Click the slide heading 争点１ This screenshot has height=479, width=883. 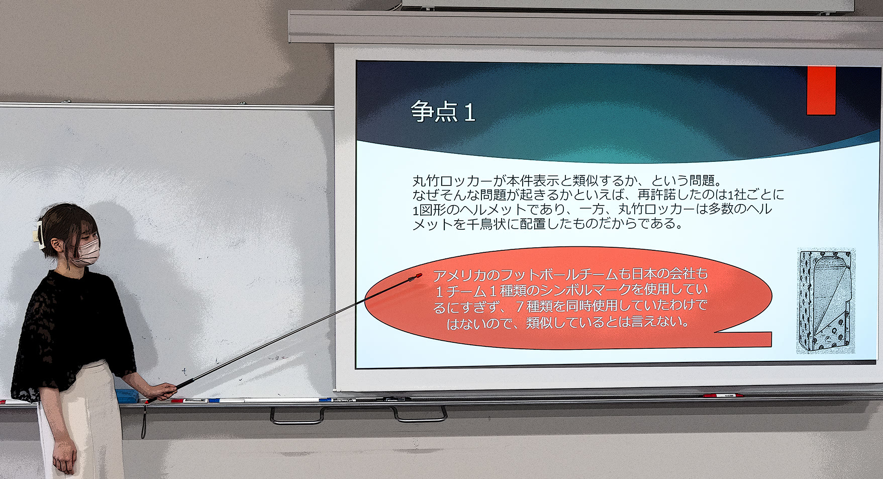tap(443, 112)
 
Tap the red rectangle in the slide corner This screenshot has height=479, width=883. tap(821, 90)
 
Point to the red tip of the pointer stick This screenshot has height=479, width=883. tap(418, 276)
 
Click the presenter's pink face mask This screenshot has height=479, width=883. tap(86, 252)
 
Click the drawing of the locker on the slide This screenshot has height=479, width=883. tap(826, 301)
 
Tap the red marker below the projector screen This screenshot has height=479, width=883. tap(723, 396)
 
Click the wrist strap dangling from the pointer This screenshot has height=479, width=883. tap(144, 420)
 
